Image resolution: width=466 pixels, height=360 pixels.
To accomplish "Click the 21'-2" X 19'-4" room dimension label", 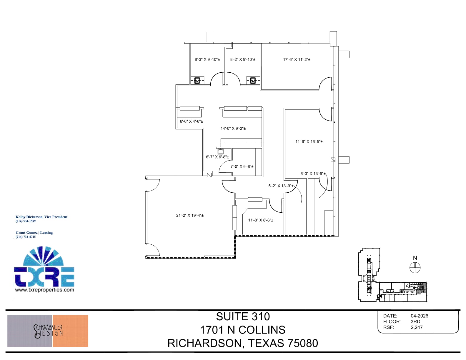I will (x=190, y=215).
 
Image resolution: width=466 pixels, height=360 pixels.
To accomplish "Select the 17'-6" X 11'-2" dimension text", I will (x=297, y=59).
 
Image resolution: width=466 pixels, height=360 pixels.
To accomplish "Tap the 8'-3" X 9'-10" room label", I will (x=207, y=59).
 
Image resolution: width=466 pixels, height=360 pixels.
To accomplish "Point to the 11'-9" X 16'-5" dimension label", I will (x=309, y=141).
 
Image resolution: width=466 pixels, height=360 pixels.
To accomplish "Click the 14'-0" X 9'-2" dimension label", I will (x=233, y=128).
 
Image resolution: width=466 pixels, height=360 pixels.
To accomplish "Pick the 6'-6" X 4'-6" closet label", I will (x=191, y=121).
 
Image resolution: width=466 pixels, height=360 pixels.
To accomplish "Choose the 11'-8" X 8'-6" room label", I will (x=261, y=220).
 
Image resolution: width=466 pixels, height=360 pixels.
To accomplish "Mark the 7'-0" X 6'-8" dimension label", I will (x=242, y=166).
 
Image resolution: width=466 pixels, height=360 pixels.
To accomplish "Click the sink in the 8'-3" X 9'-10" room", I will (x=197, y=80).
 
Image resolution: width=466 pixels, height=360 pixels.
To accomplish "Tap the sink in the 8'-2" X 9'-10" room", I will (x=253, y=80).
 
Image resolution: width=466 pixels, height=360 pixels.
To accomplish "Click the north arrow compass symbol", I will (x=415, y=268).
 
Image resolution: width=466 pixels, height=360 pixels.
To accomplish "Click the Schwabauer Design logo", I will (x=48, y=331).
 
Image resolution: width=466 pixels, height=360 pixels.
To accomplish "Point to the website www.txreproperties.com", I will (x=44, y=290).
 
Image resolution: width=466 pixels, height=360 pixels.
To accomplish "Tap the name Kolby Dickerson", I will (x=29, y=217).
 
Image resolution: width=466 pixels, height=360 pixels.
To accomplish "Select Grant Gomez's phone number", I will (x=26, y=237).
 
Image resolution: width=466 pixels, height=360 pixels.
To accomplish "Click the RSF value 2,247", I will (x=417, y=327).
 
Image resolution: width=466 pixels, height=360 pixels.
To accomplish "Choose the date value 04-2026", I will (x=419, y=316).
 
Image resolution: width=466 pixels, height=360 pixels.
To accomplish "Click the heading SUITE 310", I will (x=243, y=316).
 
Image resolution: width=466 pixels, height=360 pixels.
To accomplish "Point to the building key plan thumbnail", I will (x=392, y=275).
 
